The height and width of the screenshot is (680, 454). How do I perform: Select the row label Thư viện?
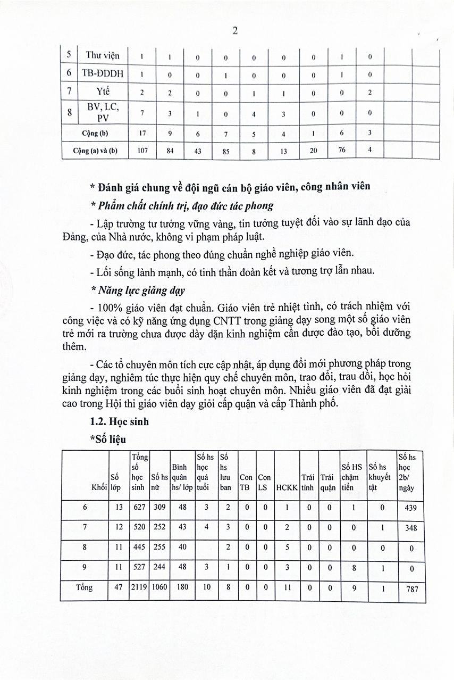click(x=103, y=55)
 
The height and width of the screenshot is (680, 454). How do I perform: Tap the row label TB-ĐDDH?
click(x=103, y=73)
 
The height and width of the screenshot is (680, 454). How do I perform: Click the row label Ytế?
click(x=103, y=92)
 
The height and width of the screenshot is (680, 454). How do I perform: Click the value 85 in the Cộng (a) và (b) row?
click(x=225, y=151)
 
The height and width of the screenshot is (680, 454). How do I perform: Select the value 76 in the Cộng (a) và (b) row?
click(x=341, y=150)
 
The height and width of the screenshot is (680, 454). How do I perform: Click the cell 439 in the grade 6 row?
click(x=410, y=508)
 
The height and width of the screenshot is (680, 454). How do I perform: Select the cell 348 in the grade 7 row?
click(x=410, y=528)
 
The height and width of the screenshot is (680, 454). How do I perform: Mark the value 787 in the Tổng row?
click(x=410, y=589)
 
